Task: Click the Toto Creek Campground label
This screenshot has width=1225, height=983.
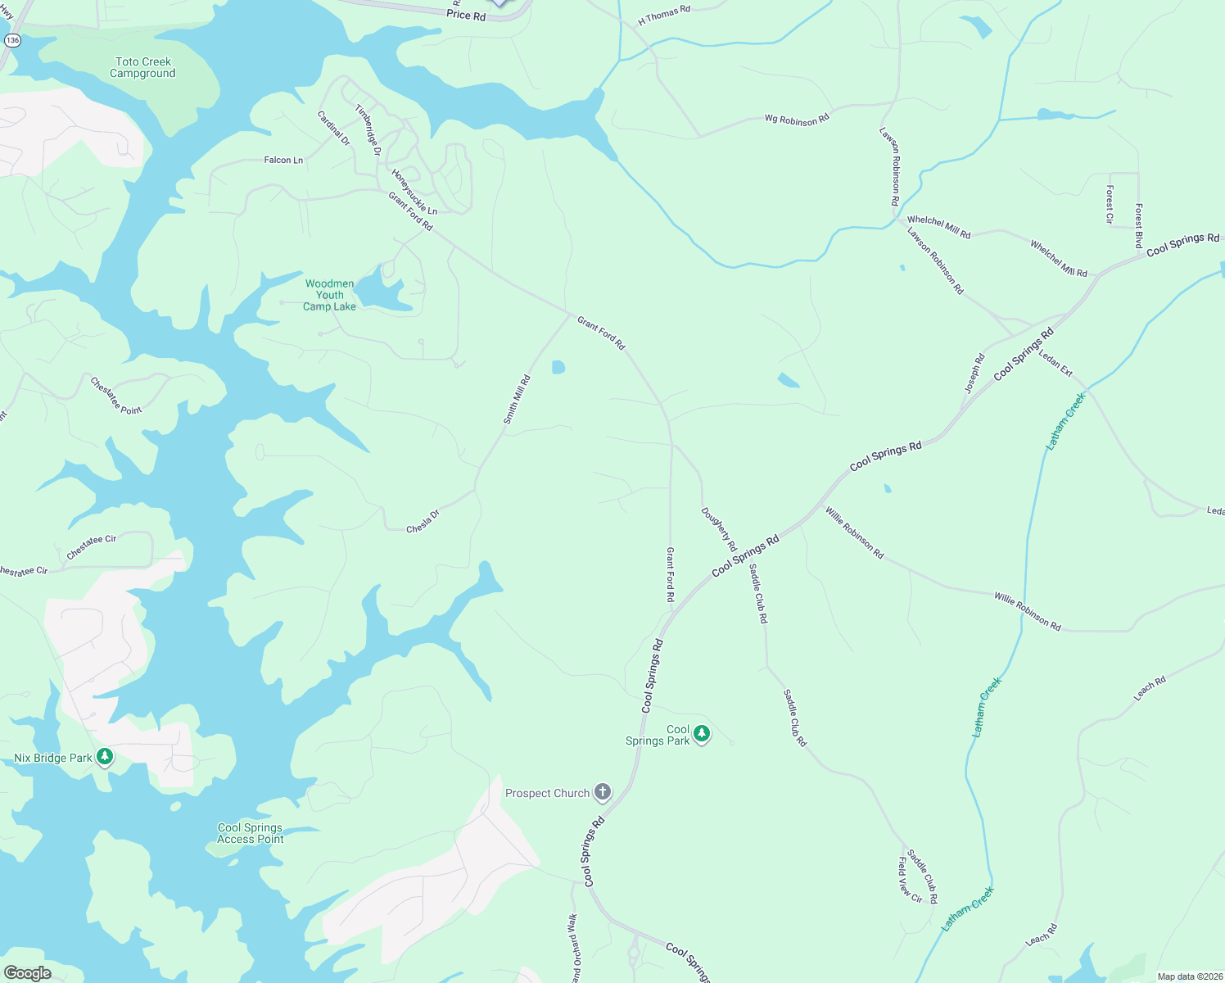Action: pos(142,67)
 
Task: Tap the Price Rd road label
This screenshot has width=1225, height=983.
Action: pos(466,15)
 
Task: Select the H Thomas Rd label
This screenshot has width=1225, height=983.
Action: pos(664,15)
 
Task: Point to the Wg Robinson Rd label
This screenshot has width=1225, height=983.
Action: pos(797,120)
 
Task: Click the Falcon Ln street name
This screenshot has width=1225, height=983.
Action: pos(283,161)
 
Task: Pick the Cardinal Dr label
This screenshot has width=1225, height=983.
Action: pos(333,128)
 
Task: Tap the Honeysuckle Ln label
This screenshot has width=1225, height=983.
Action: pos(414,193)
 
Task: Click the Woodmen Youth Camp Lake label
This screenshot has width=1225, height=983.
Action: pos(330,295)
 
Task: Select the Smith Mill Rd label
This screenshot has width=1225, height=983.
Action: pos(517,400)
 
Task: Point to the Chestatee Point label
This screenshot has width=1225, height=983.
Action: pos(115,396)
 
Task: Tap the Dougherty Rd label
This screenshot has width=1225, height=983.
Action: pos(719,529)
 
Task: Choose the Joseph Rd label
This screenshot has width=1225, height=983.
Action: pos(974,374)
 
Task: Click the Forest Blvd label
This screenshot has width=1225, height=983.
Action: pos(1138,226)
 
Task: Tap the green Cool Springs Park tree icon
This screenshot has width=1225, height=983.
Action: pos(702,734)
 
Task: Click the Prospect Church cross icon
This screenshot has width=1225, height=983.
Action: pos(603,791)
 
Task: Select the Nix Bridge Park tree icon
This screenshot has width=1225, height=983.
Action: pos(104,756)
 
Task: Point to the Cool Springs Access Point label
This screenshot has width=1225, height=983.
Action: pos(251,833)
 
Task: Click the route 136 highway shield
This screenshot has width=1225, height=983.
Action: pos(12,39)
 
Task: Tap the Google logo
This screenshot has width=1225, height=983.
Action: pos(27,972)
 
